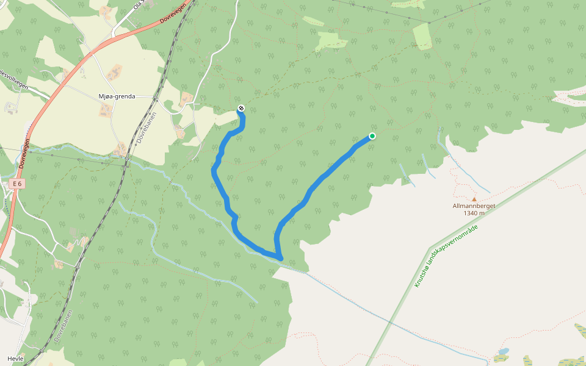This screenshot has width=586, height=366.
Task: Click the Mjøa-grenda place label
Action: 117,96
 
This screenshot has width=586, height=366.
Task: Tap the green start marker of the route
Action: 372,136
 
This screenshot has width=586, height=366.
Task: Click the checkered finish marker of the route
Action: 241,109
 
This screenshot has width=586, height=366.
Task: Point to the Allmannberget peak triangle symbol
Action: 474,199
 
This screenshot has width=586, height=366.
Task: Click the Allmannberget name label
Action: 474,206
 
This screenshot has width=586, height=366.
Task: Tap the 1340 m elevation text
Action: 474,213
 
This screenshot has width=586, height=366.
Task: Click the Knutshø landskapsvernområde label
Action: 446,256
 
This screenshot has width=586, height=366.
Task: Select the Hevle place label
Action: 16,359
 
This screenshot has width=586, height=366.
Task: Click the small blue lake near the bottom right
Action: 502,352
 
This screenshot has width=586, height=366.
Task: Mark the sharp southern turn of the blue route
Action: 280,258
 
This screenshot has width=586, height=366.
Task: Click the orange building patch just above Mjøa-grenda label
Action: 114,73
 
